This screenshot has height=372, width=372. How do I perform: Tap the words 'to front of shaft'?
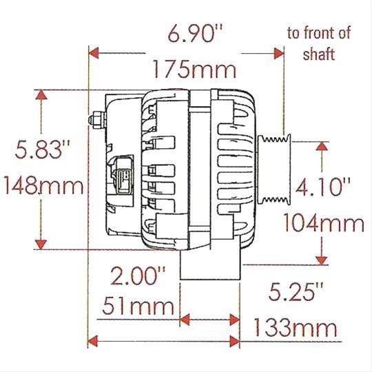tap(319, 44)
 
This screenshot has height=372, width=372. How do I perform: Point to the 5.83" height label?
tap(34, 149)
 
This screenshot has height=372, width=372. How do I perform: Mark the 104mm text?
tap(324, 223)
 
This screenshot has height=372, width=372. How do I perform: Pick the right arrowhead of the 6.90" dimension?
tap(279, 53)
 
